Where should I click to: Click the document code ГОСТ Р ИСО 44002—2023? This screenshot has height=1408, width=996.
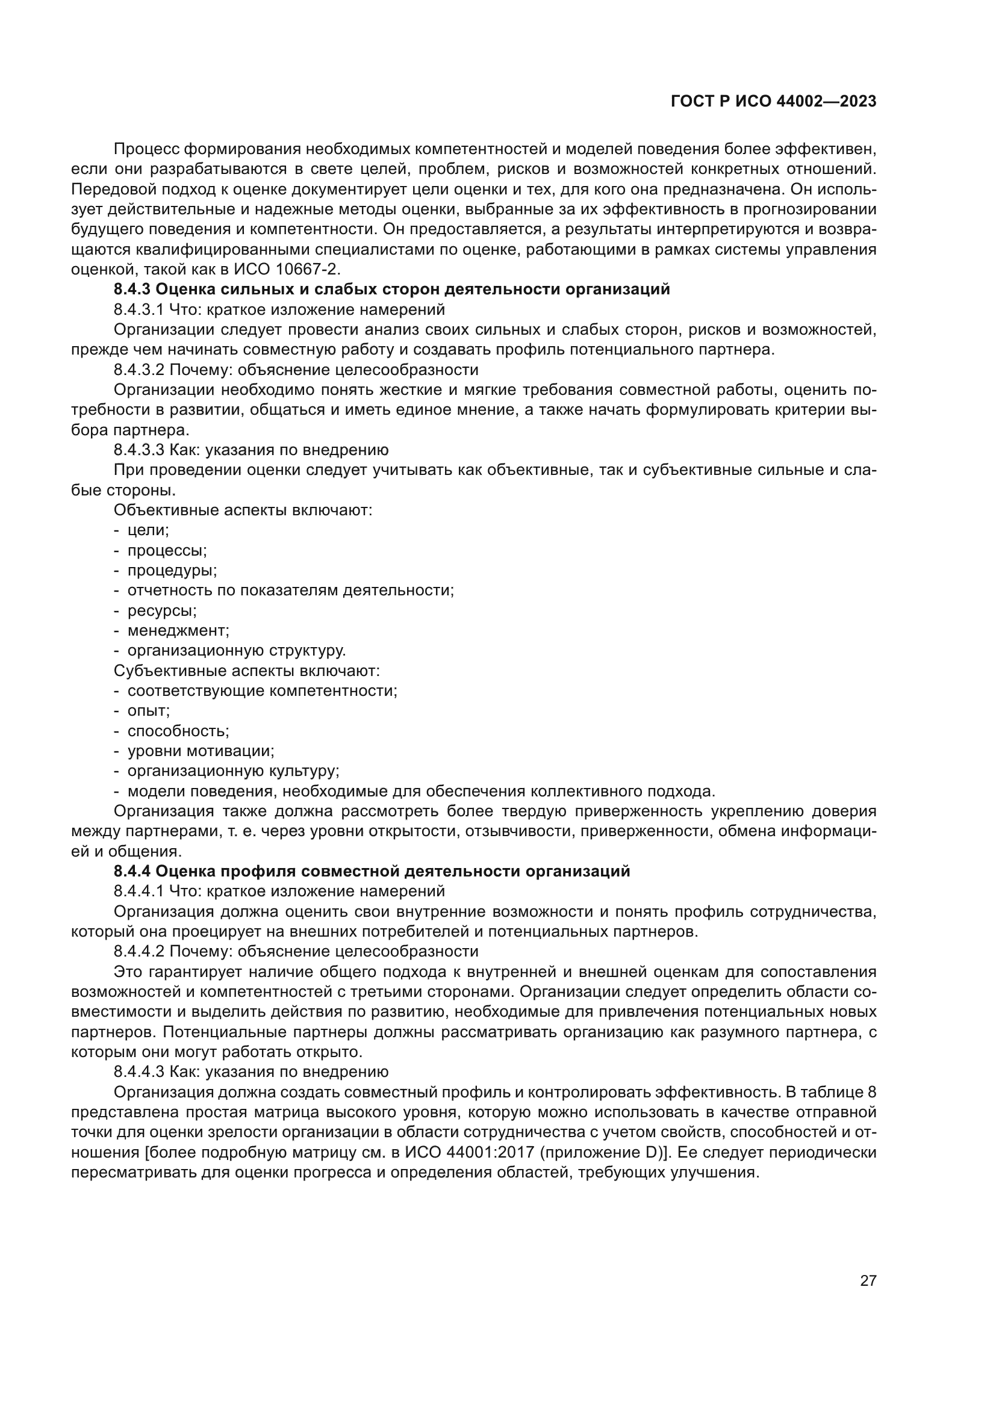(773, 102)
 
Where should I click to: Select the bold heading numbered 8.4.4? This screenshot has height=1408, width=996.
(372, 871)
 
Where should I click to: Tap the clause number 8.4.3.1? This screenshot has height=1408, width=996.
(139, 309)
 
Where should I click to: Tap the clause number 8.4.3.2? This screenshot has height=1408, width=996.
(139, 370)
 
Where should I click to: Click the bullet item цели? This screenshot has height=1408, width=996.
(148, 530)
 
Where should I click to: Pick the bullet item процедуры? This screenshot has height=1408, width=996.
(172, 570)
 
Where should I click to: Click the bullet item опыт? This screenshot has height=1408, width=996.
(148, 711)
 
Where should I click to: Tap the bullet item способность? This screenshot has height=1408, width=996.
(178, 731)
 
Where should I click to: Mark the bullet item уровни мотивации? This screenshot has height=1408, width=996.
(201, 751)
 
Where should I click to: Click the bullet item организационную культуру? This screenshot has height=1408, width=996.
(233, 771)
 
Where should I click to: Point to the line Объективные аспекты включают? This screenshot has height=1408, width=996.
(243, 510)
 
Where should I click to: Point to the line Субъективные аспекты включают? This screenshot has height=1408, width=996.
(247, 671)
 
